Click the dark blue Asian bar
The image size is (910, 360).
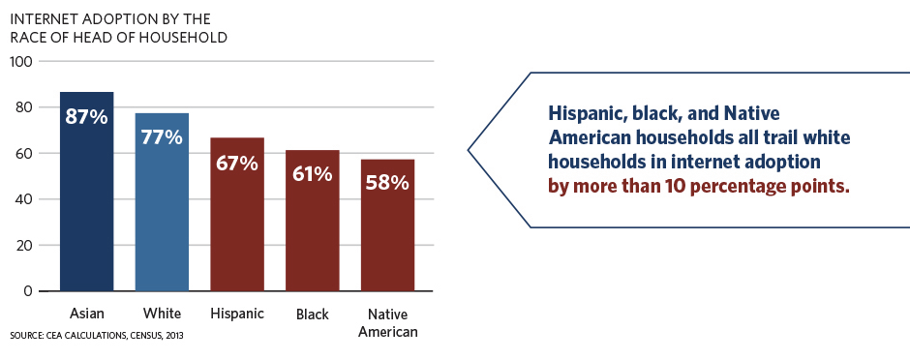click(87, 192)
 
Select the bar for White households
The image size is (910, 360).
click(162, 202)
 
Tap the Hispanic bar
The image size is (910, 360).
click(237, 215)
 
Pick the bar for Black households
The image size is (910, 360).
click(313, 221)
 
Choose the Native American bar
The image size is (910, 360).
click(387, 225)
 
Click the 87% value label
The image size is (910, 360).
click(86, 117)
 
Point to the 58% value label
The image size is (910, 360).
click(387, 183)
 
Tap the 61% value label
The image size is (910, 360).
click(313, 174)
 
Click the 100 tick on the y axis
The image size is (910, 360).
click(21, 61)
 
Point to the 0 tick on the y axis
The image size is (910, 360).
click(28, 291)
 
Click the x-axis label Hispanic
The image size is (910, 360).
click(237, 315)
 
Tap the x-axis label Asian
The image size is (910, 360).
click(87, 315)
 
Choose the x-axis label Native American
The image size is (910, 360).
click(387, 323)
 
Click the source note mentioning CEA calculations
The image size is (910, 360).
click(97, 336)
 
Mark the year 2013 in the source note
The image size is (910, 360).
click(176, 336)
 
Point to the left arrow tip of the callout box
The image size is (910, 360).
click(469, 150)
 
